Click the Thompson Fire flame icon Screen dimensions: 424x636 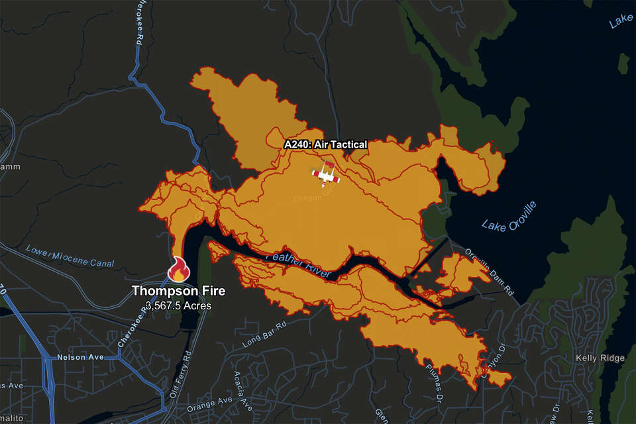178,269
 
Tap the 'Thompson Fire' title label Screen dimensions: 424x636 178,291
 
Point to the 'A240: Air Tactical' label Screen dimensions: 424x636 325,144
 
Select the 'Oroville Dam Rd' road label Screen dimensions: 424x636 489,269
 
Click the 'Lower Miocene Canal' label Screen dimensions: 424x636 70,256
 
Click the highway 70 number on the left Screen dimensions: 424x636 3,290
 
